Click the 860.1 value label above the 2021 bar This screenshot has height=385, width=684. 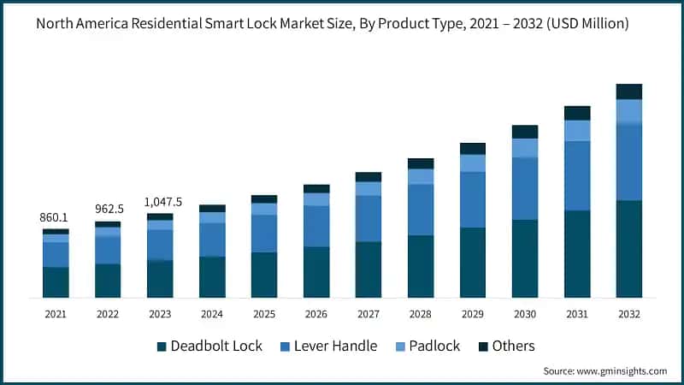tap(56, 218)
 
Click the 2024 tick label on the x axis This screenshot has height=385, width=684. tap(212, 315)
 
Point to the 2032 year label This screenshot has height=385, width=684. tap(628, 315)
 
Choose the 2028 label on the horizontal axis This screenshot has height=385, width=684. tap(420, 315)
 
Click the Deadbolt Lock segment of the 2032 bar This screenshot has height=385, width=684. tap(628, 249)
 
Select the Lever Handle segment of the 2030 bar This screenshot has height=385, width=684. tap(524, 188)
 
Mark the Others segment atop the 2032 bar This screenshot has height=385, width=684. tap(628, 92)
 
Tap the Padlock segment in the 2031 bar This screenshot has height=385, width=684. tap(576, 130)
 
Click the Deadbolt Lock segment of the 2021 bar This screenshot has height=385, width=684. tap(56, 282)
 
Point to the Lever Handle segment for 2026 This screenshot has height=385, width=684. tap(315, 226)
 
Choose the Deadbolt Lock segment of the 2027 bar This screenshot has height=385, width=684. tap(368, 269)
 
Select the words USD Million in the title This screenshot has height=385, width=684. tap(591, 24)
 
